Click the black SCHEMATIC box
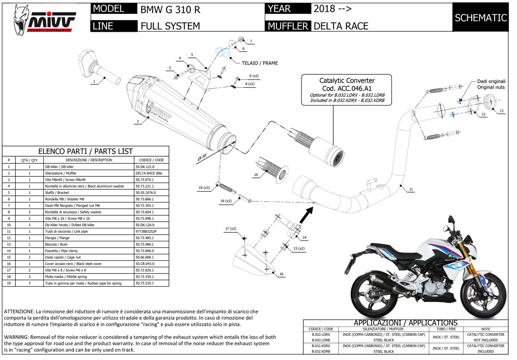pyautogui.click(x=480, y=18)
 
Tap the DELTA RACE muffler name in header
pyautogui.click(x=341, y=26)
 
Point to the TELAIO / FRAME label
pyautogui.click(x=260, y=63)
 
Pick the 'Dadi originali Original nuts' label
pyautogui.click(x=491, y=84)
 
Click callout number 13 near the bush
pyautogui.click(x=501, y=111)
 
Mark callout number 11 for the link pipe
pyautogui.click(x=411, y=189)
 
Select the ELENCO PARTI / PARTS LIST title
pyautogui.click(x=85, y=151)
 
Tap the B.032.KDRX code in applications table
pyautogui.click(x=320, y=346)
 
